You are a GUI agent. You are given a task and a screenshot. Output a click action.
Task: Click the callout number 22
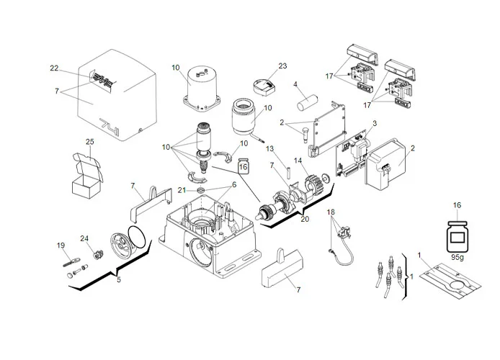pos(53,69)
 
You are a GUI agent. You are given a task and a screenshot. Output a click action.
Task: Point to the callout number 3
pos(374,125)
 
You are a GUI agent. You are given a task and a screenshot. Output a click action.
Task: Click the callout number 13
pos(269,149)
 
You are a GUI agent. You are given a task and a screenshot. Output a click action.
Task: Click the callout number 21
pos(183,189)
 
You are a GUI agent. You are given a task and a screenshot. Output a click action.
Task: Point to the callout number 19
pos(61,246)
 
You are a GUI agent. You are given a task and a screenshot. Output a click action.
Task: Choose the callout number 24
pos(84,238)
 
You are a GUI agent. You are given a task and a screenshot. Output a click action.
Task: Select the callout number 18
pos(331,212)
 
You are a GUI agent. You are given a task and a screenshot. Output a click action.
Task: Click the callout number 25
pos(90,142)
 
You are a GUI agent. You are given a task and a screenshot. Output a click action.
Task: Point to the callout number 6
pos(233,184)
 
